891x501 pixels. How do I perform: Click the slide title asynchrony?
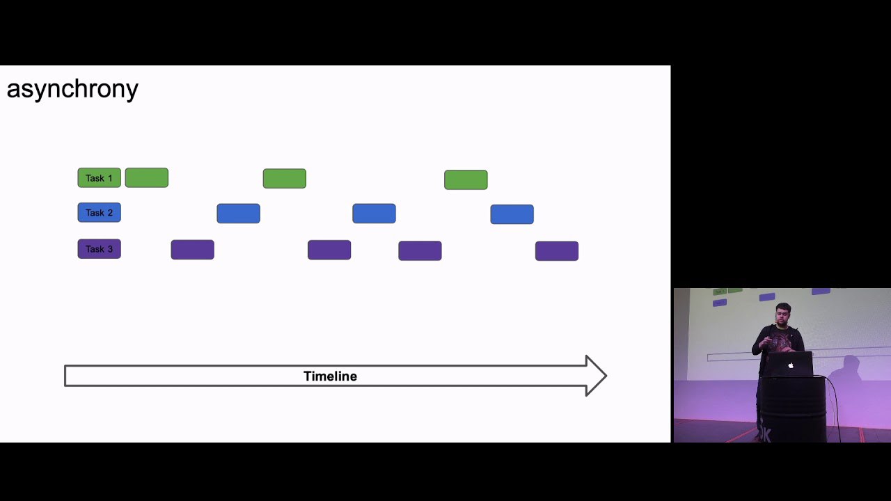pos(72,90)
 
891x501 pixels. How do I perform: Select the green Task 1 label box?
pos(99,177)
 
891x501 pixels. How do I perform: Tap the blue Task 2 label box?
pos(99,212)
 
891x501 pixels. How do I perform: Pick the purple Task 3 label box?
pos(99,249)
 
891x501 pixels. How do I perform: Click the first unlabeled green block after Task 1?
pos(147,177)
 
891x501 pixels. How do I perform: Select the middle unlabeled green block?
pos(285,179)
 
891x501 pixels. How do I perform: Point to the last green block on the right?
pos(466,180)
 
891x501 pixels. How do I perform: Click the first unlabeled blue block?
pos(238,214)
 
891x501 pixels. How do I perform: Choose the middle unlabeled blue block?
pos(374,214)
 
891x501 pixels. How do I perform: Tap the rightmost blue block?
pos(512,214)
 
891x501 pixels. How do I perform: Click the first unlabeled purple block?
pos(193,250)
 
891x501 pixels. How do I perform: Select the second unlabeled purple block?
pos(329,250)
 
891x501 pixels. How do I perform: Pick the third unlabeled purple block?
pos(420,250)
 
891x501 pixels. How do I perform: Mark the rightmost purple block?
pos(557,251)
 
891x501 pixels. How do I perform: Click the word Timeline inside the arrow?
pos(330,376)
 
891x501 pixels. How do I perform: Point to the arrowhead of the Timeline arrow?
pos(597,376)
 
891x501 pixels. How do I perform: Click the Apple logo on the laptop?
pos(791,365)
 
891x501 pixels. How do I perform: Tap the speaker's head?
pos(783,314)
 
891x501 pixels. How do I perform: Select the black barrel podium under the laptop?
pos(793,410)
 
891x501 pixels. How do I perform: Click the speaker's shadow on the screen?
pos(846,369)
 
